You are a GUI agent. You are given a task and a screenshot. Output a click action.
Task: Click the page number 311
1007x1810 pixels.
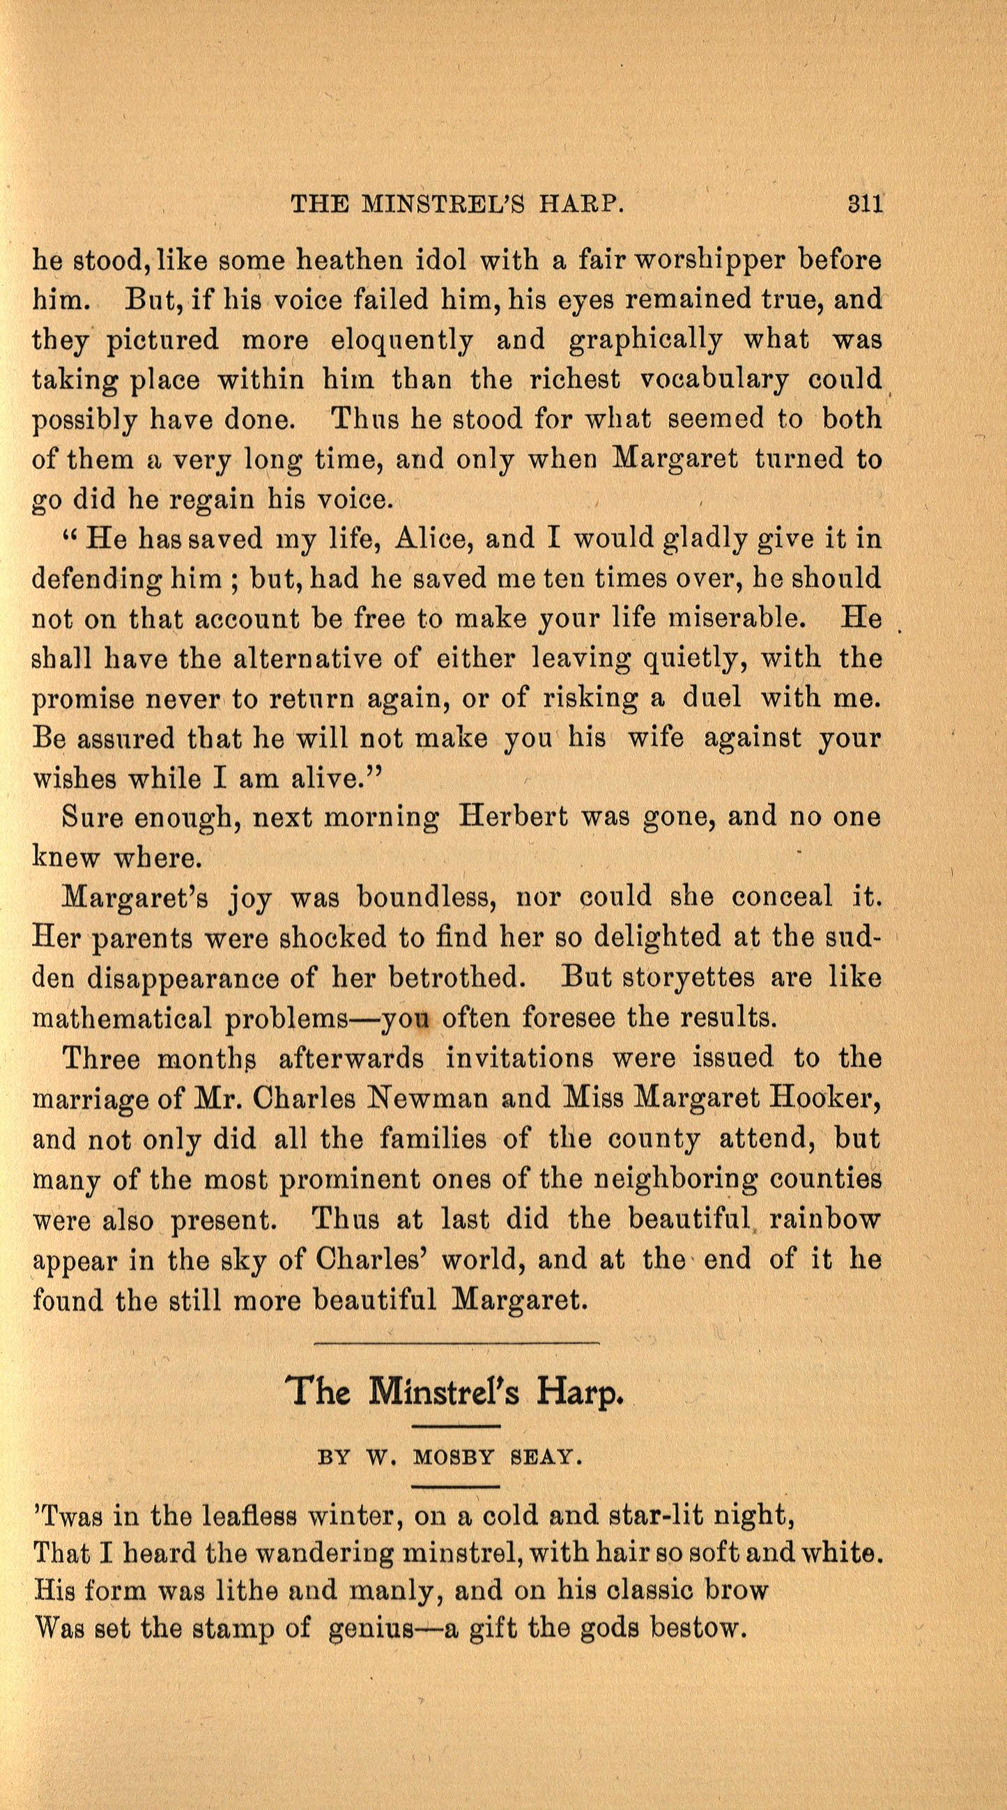click(864, 204)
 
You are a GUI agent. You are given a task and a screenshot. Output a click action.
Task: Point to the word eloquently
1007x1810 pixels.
click(401, 340)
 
